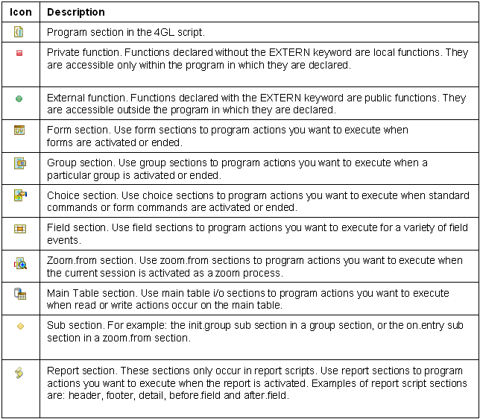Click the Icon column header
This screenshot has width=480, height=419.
20,12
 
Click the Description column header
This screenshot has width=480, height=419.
75,12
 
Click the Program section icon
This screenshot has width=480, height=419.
19,32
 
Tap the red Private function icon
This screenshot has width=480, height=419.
19,53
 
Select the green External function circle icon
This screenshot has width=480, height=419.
19,98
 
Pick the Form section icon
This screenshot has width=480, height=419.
19,130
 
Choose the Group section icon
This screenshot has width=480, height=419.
20,163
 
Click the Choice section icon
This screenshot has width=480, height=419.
20,195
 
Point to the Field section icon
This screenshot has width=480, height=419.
20,229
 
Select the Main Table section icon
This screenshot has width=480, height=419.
20,294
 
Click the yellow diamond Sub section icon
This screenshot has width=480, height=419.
20,326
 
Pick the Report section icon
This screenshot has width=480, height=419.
19,372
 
